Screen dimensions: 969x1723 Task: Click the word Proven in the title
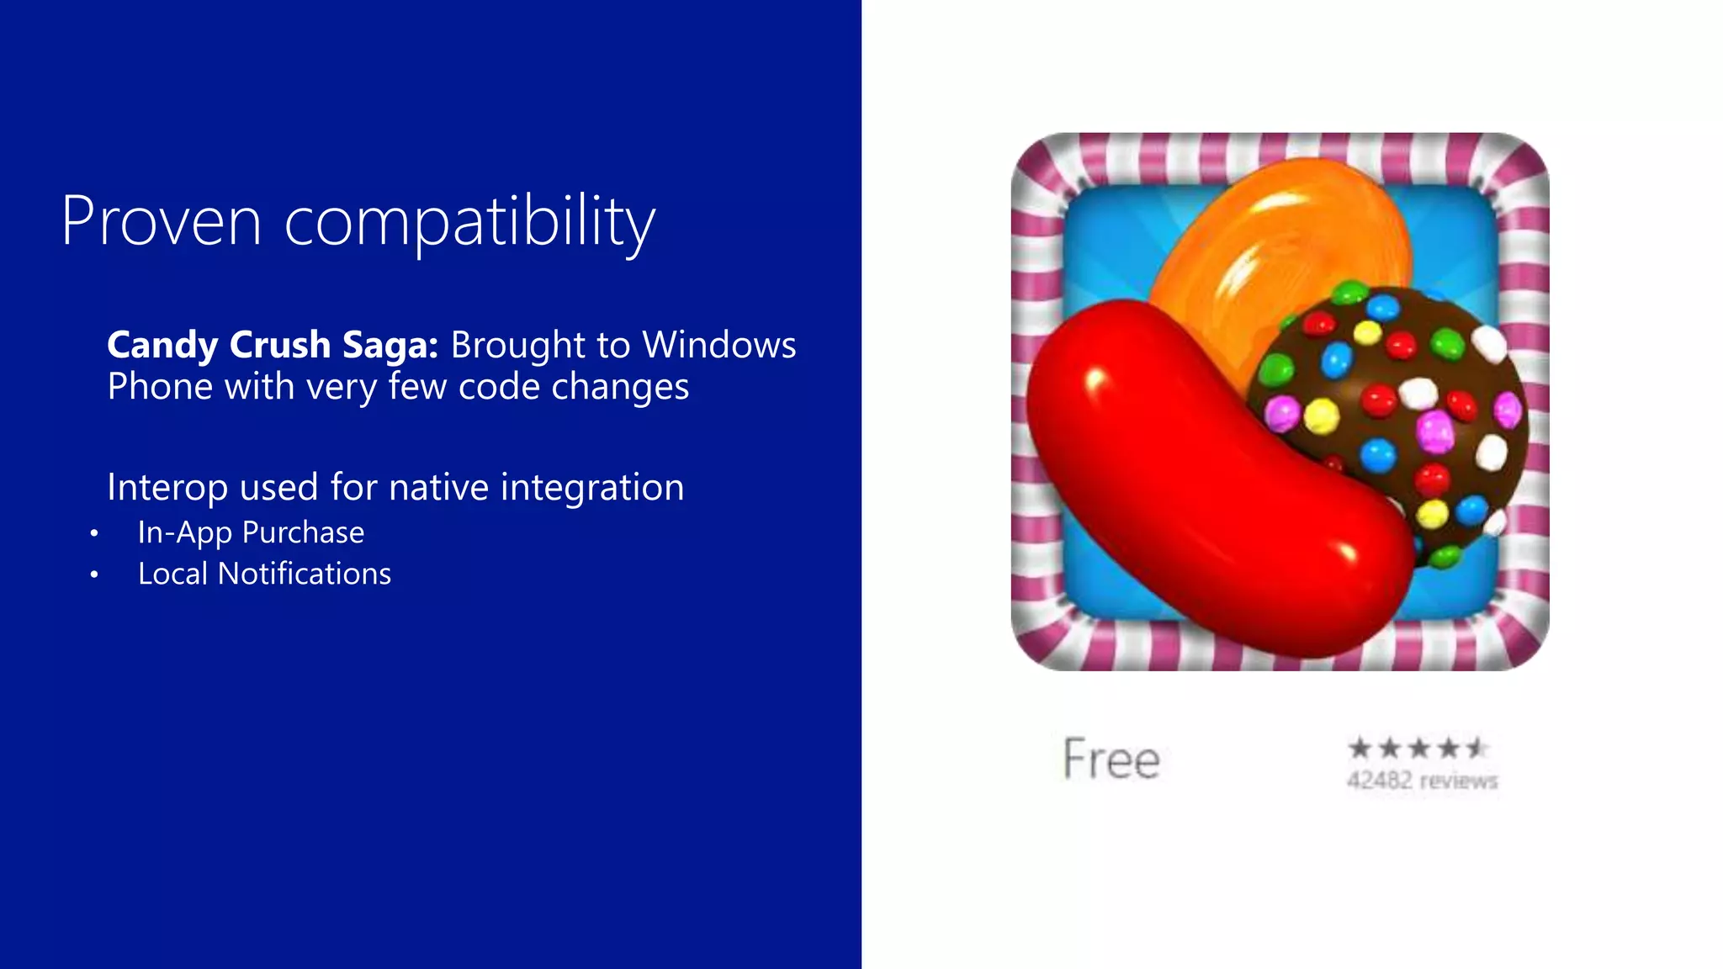tap(162, 221)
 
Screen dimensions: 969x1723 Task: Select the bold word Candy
tap(163, 346)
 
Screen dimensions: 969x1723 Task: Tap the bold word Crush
tap(280, 345)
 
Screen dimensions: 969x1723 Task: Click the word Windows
tap(719, 345)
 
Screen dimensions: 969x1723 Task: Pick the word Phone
tap(160, 387)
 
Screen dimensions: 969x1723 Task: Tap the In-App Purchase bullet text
tap(251, 532)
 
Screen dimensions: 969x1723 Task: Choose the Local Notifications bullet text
tap(264, 574)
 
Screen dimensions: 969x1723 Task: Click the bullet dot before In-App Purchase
tap(94, 533)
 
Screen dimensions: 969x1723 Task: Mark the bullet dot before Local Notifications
tap(94, 575)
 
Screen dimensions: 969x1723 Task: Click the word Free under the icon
tap(1111, 759)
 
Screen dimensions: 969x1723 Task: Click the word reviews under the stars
tap(1459, 781)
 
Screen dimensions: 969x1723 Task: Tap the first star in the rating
tap(1360, 748)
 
